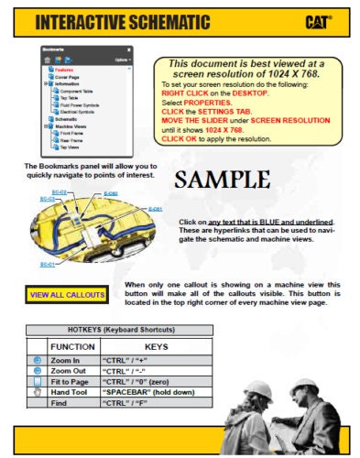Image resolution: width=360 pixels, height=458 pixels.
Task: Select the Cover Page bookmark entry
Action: point(69,77)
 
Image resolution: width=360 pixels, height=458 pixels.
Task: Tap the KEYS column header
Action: point(156,346)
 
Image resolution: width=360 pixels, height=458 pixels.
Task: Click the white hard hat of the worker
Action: point(258,388)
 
